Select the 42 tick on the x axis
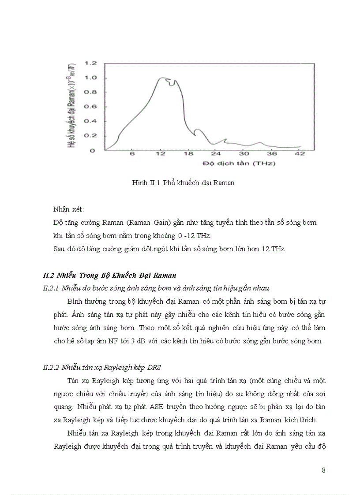(x=300, y=153)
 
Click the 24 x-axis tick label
(x=215, y=153)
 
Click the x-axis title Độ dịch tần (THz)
(x=239, y=164)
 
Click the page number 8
(x=324, y=470)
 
